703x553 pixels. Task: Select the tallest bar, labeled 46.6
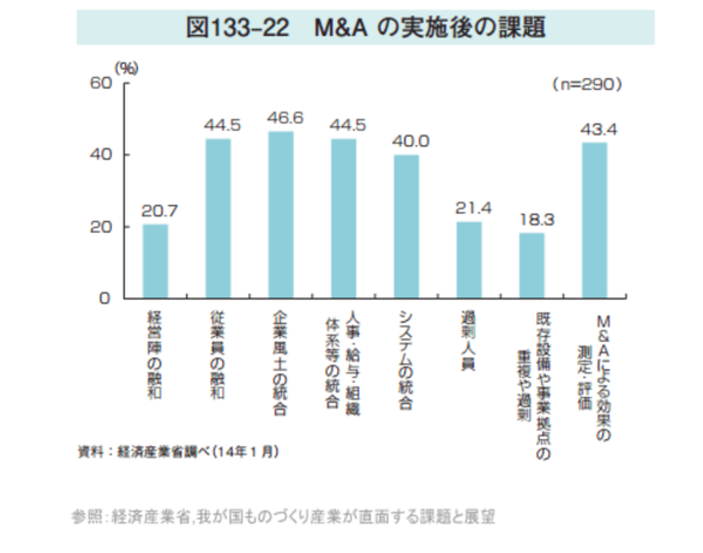(281, 215)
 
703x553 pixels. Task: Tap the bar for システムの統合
(406, 226)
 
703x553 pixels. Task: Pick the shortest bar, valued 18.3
(532, 266)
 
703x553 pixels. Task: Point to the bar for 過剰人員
(469, 260)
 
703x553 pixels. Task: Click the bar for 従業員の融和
(218, 219)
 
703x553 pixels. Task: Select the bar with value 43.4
(594, 220)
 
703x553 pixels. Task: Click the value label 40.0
(411, 142)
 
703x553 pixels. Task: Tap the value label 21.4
(473, 208)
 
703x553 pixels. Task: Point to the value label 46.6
(285, 118)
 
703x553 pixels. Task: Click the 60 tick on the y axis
(101, 83)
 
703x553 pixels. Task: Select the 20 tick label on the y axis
(101, 227)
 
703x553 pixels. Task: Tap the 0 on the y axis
(104, 298)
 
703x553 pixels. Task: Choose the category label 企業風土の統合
(280, 363)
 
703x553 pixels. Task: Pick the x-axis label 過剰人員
(469, 341)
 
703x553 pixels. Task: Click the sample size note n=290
(587, 84)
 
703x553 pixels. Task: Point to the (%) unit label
(126, 68)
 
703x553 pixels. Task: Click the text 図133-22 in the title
(238, 27)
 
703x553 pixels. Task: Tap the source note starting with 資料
(179, 452)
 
